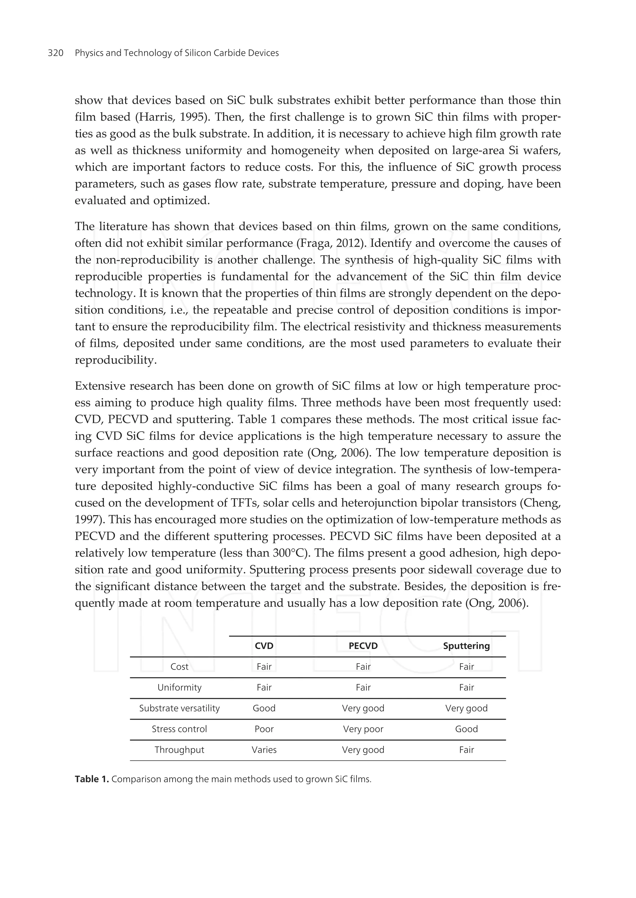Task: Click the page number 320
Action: click(x=56, y=53)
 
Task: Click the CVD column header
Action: click(x=264, y=646)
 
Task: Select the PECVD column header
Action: click(x=363, y=646)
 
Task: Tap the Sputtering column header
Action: click(x=466, y=646)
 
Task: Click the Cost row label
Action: click(x=179, y=667)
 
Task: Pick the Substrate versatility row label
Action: click(x=179, y=708)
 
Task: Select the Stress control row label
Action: click(x=179, y=729)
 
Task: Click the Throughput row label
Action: click(x=179, y=750)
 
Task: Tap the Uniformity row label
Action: click(x=179, y=687)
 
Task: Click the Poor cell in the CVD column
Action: click(x=264, y=729)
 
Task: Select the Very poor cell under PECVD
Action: click(x=363, y=729)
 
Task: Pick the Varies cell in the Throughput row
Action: click(x=264, y=750)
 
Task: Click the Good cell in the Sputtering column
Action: click(x=466, y=729)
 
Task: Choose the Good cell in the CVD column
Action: click(x=264, y=708)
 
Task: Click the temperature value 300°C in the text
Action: click(x=288, y=553)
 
